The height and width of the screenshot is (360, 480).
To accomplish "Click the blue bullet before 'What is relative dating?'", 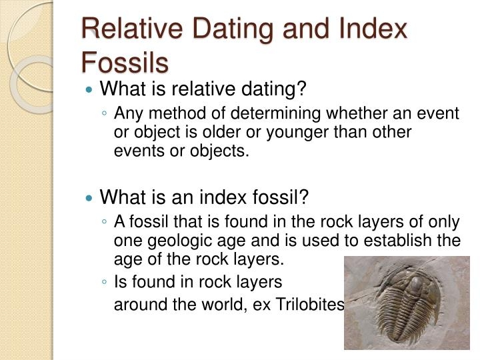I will [91, 89].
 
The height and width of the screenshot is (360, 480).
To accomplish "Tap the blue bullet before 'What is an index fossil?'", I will [91, 197].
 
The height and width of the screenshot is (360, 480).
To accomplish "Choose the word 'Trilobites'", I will [313, 305].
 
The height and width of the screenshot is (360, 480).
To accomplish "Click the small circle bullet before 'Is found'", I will [105, 282].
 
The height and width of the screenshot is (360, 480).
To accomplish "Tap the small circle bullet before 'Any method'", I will [105, 114].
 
